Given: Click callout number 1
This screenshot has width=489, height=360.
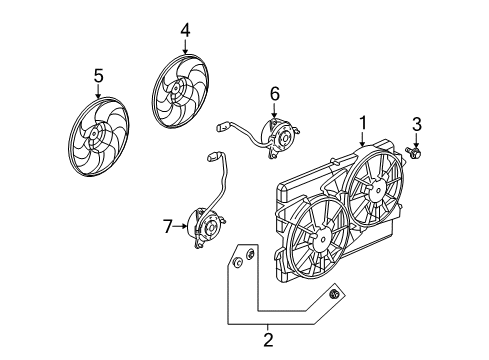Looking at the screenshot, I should click(362, 123).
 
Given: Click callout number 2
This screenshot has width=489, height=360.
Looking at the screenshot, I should click(267, 341).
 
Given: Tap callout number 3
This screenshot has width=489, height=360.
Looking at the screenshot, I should click(418, 123).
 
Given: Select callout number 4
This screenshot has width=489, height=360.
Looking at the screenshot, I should click(185, 31).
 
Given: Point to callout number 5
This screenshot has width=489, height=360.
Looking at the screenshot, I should click(98, 76).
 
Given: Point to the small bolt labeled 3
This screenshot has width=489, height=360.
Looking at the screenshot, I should click(416, 154).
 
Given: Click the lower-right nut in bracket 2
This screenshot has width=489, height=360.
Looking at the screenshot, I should click(335, 296).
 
